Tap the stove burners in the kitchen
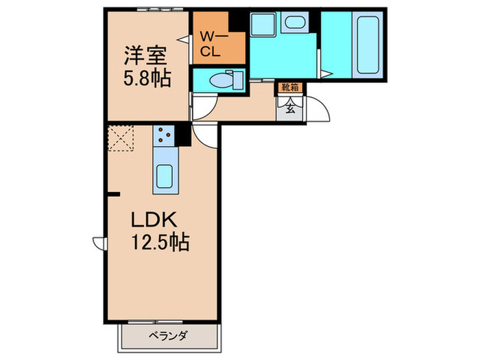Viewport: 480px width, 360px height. (x=165, y=135)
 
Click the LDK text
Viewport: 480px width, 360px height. (x=155, y=221)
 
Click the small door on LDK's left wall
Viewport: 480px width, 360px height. (x=99, y=243)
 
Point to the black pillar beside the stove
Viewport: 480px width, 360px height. (x=183, y=135)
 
